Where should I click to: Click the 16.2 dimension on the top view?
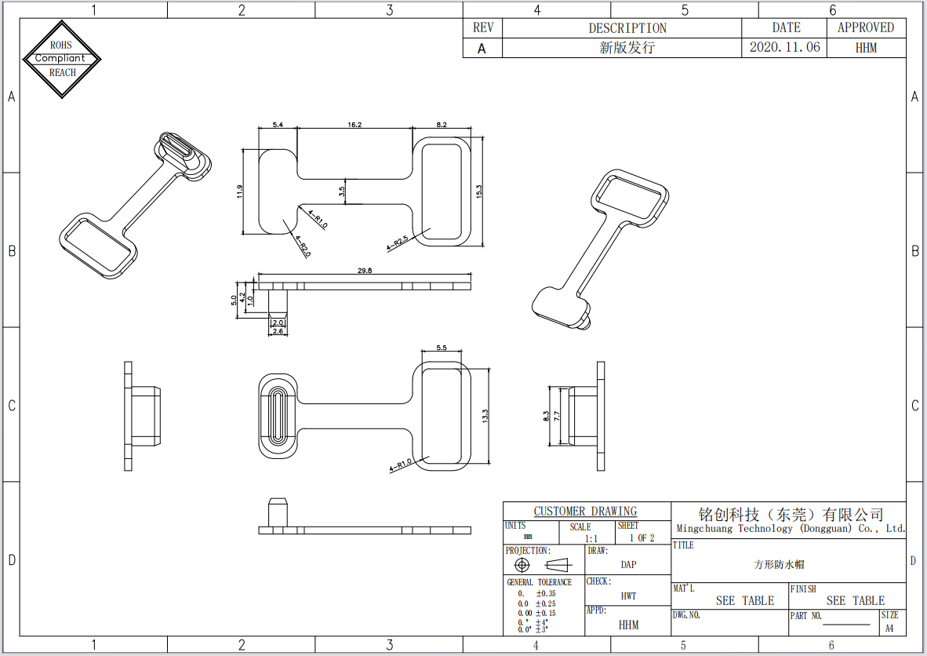[354, 125]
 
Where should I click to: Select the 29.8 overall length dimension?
[365, 271]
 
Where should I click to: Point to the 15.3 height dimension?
[479, 191]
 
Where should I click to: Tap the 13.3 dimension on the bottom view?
[486, 417]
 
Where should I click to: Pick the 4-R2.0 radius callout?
[303, 249]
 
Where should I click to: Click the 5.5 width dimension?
[441, 348]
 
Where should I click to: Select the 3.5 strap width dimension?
[342, 191]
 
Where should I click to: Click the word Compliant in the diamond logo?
[60, 58]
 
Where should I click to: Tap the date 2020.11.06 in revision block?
[785, 47]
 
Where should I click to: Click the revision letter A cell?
[482, 48]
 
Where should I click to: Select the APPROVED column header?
[866, 27]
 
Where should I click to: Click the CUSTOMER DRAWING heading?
[586, 512]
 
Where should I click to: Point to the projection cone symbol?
[558, 565]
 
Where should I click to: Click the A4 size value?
[889, 629]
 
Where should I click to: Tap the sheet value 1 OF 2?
[642, 538]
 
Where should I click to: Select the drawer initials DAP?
[628, 565]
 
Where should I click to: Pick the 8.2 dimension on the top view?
[441, 125]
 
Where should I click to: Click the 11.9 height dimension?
[240, 192]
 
